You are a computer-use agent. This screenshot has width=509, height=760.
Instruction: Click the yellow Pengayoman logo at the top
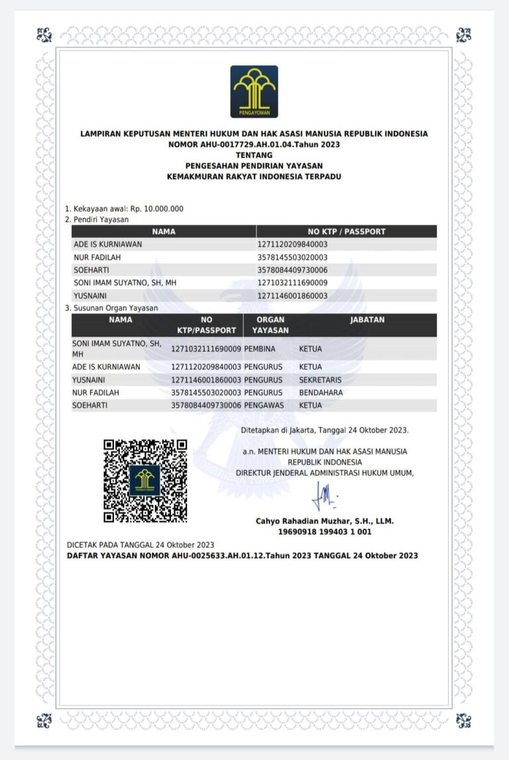(254, 91)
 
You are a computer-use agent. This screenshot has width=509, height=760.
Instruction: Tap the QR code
(144, 481)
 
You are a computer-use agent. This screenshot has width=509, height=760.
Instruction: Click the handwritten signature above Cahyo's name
(325, 494)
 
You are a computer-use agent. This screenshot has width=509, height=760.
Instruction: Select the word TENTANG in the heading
(254, 155)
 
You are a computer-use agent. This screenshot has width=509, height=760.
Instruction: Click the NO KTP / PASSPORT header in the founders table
(346, 232)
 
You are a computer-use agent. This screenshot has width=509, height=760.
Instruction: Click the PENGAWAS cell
(263, 405)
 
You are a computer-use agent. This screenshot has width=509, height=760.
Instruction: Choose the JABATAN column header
(367, 320)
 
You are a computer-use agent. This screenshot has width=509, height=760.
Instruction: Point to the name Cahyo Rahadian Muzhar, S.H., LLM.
(324, 521)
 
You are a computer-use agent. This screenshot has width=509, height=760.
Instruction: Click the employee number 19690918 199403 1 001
(324, 532)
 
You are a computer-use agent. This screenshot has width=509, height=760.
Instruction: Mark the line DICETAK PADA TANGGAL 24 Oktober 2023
(141, 545)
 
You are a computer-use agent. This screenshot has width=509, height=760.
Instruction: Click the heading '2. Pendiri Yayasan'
(97, 218)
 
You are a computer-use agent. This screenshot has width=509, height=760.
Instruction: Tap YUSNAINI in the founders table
(91, 296)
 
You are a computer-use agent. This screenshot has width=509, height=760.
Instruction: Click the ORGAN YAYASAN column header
(270, 324)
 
